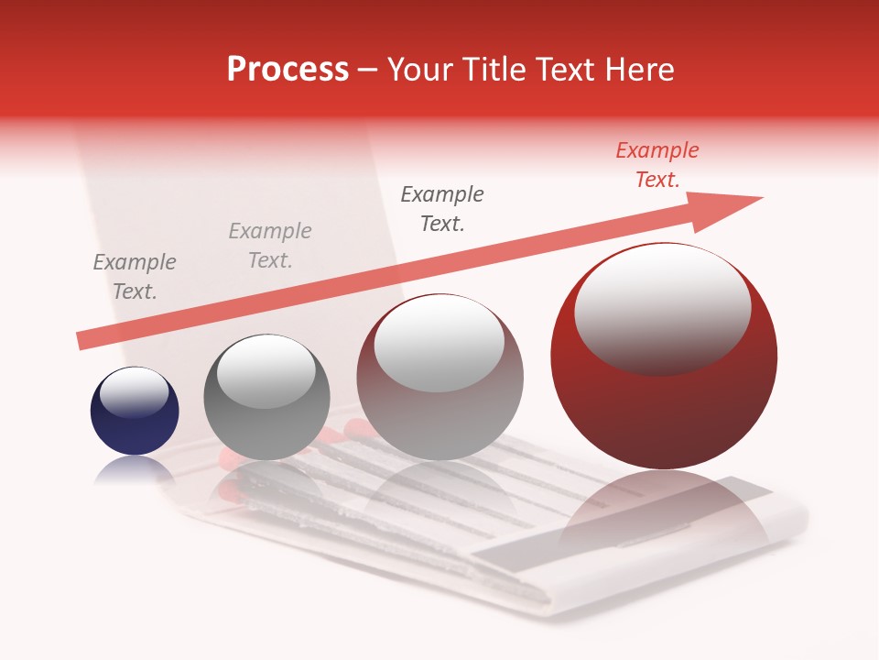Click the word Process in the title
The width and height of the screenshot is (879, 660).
click(x=288, y=70)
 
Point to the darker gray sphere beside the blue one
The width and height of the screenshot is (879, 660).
click(x=266, y=397)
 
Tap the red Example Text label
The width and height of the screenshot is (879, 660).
click(x=657, y=165)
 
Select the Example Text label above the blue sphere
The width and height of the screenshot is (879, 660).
click(x=135, y=277)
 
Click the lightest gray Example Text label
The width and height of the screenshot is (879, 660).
click(x=270, y=246)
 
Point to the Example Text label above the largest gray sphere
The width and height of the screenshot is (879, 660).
click(x=442, y=209)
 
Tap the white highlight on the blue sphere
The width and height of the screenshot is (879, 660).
click(x=134, y=391)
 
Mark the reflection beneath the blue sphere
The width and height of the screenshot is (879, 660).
click(x=134, y=470)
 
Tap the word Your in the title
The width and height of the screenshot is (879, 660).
click(x=417, y=70)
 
